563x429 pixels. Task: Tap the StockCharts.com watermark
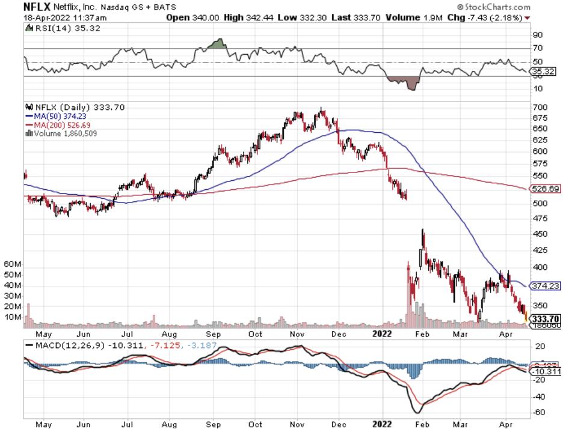coord(497,7)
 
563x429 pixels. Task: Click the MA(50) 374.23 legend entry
coord(57,117)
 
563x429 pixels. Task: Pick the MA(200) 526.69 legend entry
coord(59,125)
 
